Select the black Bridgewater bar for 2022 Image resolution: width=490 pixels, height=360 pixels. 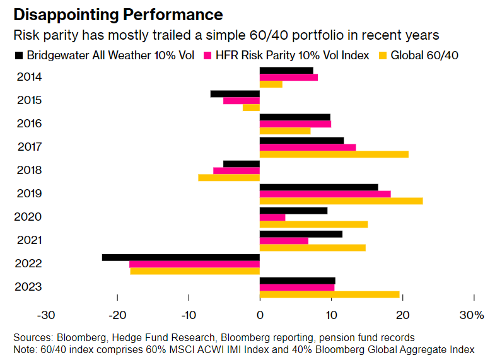(x=181, y=257)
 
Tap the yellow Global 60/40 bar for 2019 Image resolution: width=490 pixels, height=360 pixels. (x=341, y=201)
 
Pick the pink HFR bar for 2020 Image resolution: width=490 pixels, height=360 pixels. (x=272, y=218)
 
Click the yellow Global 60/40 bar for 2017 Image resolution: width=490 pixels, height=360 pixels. (x=334, y=154)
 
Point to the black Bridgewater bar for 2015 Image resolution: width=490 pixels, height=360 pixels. (x=235, y=94)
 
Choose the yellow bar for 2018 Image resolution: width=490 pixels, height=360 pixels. (x=229, y=178)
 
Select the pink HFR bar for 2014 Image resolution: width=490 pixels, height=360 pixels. (x=289, y=78)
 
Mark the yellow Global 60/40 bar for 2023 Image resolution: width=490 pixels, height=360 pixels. (x=330, y=294)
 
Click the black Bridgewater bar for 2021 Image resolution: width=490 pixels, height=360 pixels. (x=301, y=234)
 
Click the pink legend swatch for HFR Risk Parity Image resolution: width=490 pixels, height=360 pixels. (x=206, y=55)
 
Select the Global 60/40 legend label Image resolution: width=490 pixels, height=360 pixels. (x=424, y=55)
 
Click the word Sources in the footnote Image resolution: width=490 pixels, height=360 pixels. (x=32, y=337)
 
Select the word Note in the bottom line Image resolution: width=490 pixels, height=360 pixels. (x=24, y=349)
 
